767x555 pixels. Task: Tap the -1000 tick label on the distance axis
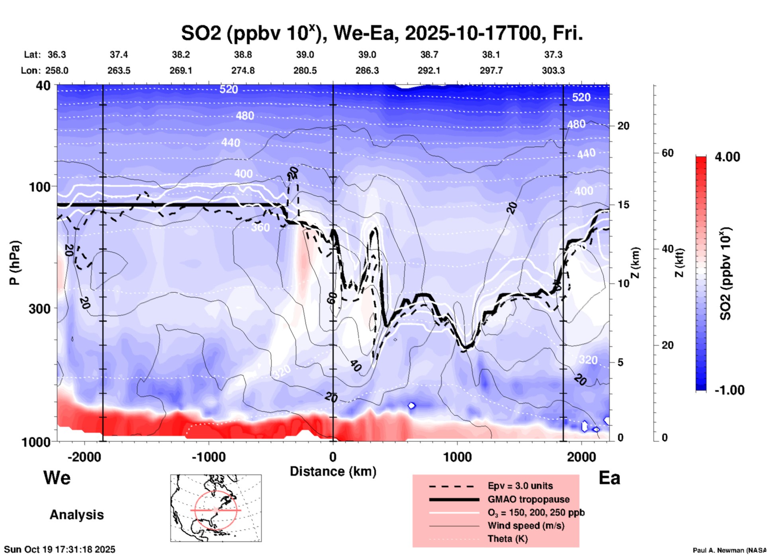click(x=209, y=457)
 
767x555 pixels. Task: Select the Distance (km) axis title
click(x=333, y=471)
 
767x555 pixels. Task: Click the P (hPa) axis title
click(x=15, y=263)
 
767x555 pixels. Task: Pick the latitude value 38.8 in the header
click(x=243, y=55)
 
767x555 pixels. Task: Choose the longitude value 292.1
click(x=429, y=70)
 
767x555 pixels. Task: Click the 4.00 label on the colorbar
click(x=727, y=157)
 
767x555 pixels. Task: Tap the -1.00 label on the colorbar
click(x=729, y=390)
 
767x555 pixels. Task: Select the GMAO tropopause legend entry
click(x=528, y=499)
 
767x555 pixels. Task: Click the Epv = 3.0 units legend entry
click(x=520, y=486)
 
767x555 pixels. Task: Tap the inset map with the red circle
click(x=216, y=508)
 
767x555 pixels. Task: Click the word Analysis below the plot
click(x=76, y=515)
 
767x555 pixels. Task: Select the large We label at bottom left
click(x=57, y=477)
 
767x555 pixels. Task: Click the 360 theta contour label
click(x=260, y=227)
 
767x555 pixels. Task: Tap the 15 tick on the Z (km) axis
click(x=623, y=205)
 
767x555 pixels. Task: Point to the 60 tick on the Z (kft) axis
click(x=667, y=153)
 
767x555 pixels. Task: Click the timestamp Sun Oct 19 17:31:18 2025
click(x=60, y=549)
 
